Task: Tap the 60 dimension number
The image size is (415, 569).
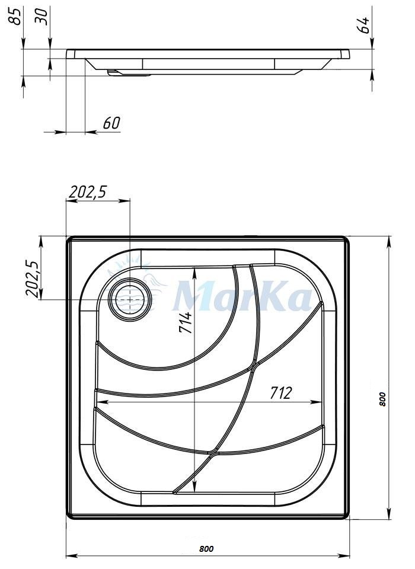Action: (111, 123)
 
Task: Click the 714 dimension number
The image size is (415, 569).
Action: (185, 322)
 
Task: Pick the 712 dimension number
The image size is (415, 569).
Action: (280, 392)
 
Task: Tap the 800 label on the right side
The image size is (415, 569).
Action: (381, 399)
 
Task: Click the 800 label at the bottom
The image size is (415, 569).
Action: (206, 549)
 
